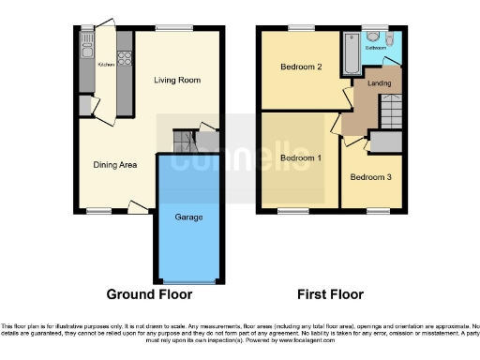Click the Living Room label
click(x=177, y=81)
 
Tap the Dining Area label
click(x=115, y=165)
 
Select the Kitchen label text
click(x=105, y=66)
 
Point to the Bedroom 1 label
click(x=301, y=158)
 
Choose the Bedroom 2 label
click(x=301, y=67)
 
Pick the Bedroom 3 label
click(x=370, y=176)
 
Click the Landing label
click(x=379, y=83)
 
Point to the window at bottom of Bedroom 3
click(x=378, y=211)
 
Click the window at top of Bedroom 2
click(x=301, y=28)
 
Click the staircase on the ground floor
click(x=184, y=142)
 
